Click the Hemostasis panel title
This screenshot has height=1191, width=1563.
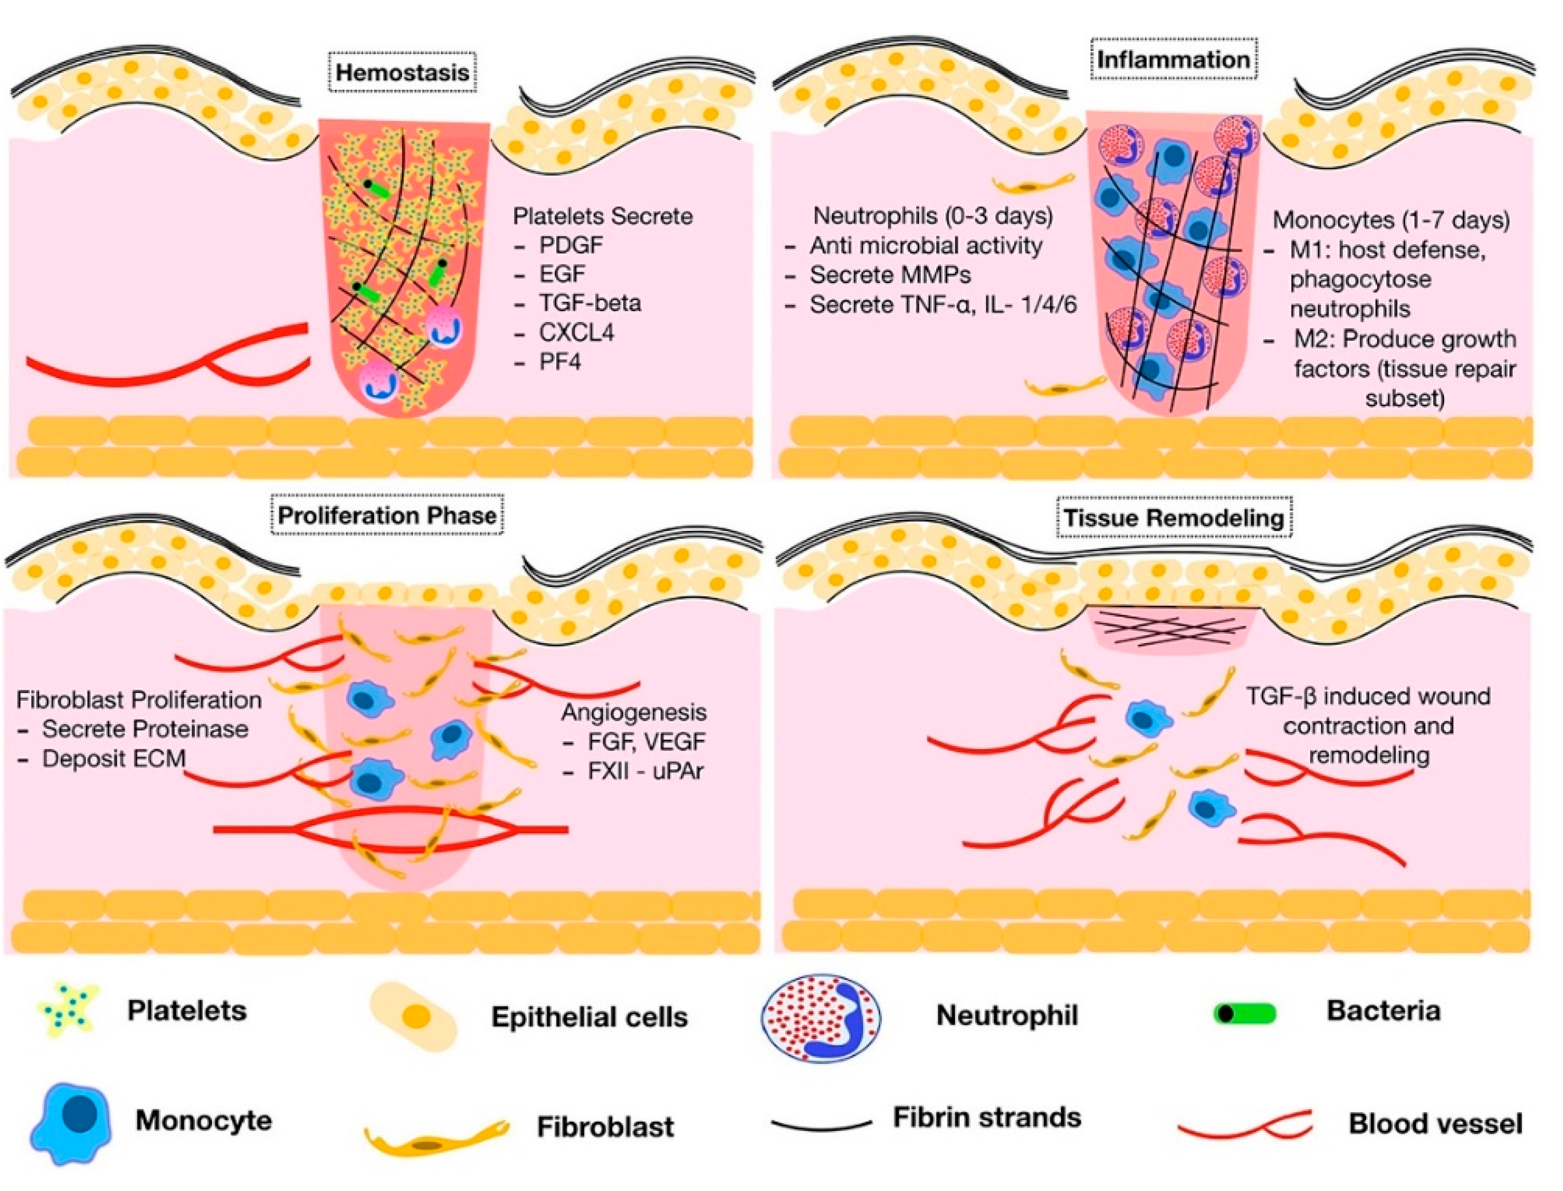pos(402,72)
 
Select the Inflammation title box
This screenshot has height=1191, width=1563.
pos(1172,59)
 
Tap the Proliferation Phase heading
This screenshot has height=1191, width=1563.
pos(387,515)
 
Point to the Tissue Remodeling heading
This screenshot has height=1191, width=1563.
pos(1173,518)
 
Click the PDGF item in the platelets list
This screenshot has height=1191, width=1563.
pos(571,245)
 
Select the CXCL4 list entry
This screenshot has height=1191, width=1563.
pos(575,332)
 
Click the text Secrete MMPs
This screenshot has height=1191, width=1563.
pos(890,275)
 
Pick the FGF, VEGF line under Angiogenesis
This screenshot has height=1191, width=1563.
pos(646,741)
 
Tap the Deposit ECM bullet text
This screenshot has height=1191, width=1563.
pos(113,759)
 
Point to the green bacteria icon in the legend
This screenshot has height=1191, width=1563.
pos(1244,1014)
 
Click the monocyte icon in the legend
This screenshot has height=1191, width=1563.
pos(71,1123)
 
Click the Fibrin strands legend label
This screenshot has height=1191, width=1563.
pos(987,1118)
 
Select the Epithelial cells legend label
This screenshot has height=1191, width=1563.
pos(589,1017)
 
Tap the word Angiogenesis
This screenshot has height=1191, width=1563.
pos(634,712)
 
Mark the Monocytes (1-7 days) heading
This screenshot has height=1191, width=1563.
pos(1391,220)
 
